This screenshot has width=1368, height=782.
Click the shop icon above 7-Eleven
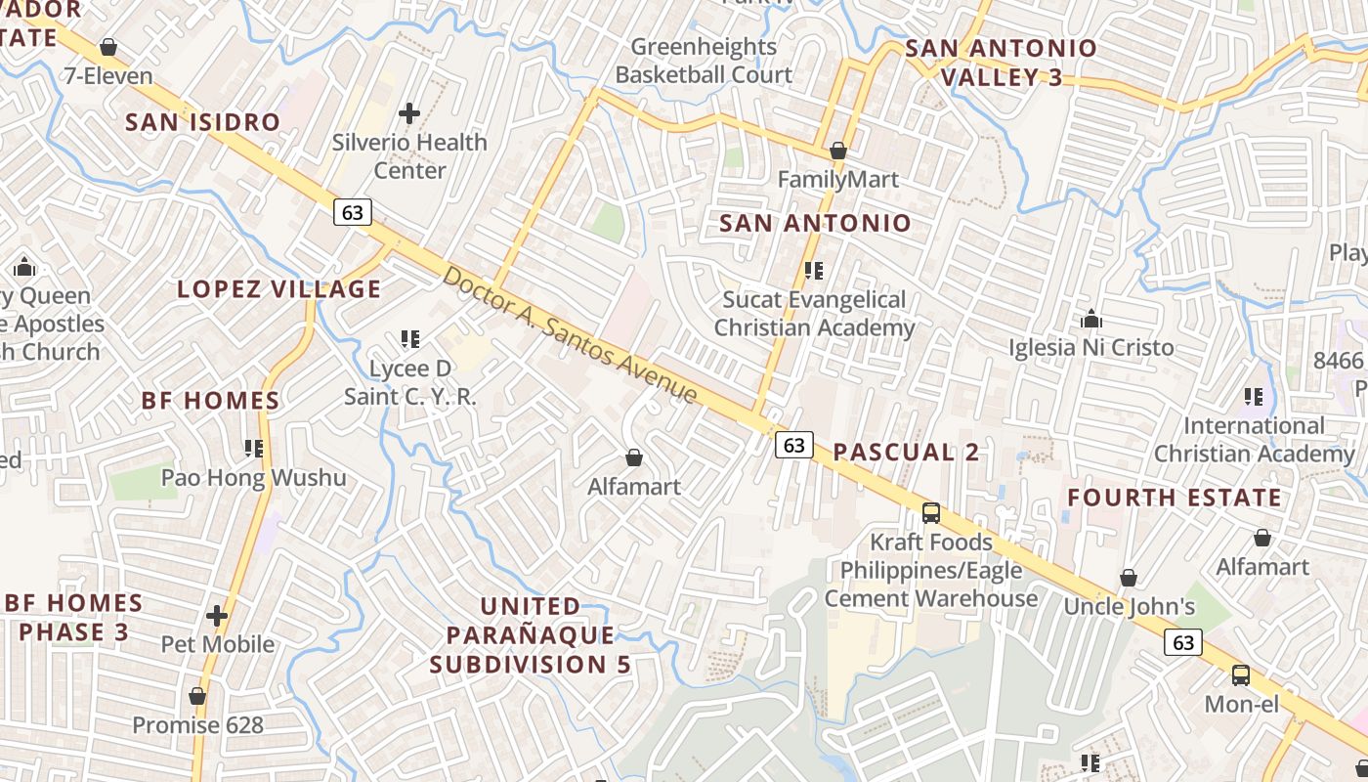[x=108, y=47]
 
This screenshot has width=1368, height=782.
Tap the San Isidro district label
[x=203, y=122]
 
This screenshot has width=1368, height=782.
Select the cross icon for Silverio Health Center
[x=409, y=113]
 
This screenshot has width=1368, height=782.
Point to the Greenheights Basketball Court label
[x=704, y=61]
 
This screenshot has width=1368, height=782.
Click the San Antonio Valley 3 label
[x=1001, y=63]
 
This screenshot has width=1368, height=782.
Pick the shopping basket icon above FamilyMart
[x=837, y=151]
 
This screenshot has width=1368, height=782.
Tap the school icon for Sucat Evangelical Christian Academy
[x=814, y=271]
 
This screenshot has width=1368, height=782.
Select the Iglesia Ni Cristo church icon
[x=1091, y=319]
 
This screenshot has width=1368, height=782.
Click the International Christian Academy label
[x=1254, y=440]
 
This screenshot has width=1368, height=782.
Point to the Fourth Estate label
[x=1174, y=498]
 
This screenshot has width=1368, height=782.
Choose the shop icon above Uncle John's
[x=1129, y=578]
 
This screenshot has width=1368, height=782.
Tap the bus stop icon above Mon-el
[x=1241, y=674]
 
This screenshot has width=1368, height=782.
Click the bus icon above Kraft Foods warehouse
[x=930, y=512]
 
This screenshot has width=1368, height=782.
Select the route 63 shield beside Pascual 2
[x=794, y=445]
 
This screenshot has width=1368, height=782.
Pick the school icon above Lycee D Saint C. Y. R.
[x=410, y=339]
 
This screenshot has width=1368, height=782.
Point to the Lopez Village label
[x=279, y=289]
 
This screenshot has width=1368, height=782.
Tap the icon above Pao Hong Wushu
[x=254, y=449]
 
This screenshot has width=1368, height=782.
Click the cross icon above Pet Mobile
[x=217, y=616]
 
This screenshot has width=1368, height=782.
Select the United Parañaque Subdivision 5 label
[x=531, y=635]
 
